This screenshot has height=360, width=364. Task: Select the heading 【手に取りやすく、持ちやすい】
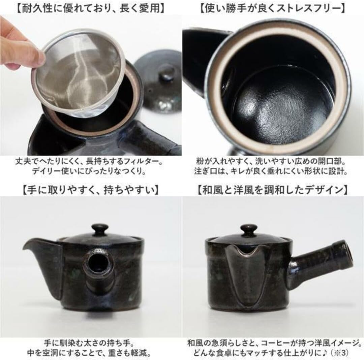tap(91, 189)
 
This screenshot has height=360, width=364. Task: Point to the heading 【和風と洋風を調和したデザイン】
tap(273, 189)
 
